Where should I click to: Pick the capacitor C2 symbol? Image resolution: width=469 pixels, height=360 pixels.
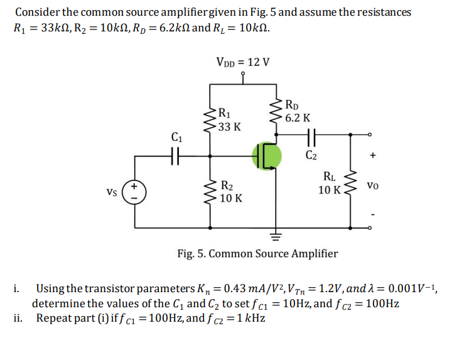(311, 134)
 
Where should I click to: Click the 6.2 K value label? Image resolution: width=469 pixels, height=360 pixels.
(297, 117)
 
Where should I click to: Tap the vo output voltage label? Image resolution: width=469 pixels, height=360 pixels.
(373, 187)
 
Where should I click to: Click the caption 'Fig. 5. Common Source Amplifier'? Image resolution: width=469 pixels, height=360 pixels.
(257, 254)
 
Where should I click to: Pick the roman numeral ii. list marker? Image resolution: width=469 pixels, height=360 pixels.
(18, 318)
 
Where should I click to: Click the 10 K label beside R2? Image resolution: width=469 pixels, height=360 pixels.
(232, 199)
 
